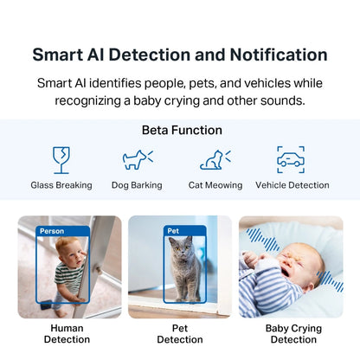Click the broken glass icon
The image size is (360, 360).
point(61,159)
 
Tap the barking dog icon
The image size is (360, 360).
point(137,159)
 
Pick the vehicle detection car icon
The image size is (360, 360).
point(291,159)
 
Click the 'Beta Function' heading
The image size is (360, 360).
point(182,130)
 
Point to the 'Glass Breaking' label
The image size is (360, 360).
point(61,185)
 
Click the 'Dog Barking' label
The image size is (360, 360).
point(138,185)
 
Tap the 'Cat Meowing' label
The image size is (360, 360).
point(215,185)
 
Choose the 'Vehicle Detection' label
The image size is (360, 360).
point(292,185)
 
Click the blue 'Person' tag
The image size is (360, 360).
point(52,231)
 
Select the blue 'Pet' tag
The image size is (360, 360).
point(173,231)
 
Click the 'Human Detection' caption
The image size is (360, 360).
point(69,334)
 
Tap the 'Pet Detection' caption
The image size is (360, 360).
point(180,334)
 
